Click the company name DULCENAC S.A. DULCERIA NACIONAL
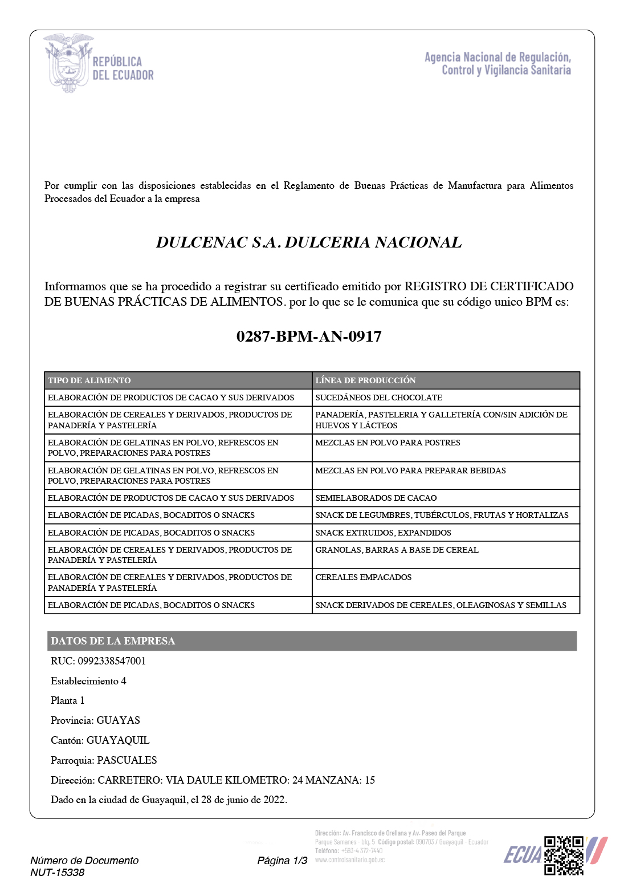click(x=309, y=242)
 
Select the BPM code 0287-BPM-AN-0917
click(x=309, y=336)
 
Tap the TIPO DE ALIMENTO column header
click(x=89, y=380)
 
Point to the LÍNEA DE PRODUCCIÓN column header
click(x=365, y=380)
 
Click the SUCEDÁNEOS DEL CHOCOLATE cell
click(x=378, y=398)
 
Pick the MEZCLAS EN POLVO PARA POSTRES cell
click(x=388, y=443)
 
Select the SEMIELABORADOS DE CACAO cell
click(x=376, y=498)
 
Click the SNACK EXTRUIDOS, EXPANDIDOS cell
click(x=383, y=533)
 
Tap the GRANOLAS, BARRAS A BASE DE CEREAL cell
click(x=397, y=550)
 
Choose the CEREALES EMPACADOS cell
click(x=363, y=577)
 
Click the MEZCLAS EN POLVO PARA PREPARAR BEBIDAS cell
click(x=410, y=471)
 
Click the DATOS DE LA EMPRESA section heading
click(x=113, y=641)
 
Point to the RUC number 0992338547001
click(x=112, y=661)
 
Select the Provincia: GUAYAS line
click(x=95, y=720)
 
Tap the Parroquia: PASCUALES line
click(x=104, y=760)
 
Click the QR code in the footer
click(x=564, y=855)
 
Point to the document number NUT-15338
click(x=57, y=873)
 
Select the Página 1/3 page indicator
click(x=282, y=861)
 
